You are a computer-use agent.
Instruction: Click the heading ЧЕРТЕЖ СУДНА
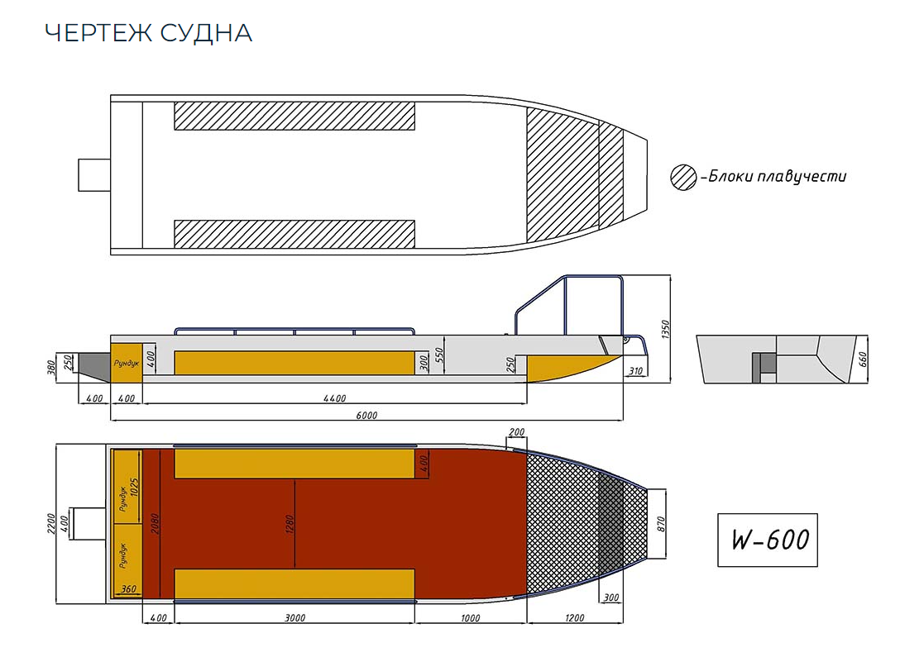148,33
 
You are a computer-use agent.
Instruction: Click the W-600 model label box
767,540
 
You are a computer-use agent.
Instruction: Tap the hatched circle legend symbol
683,177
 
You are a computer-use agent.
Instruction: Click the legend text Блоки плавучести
776,176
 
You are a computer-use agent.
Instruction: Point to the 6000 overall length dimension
366,416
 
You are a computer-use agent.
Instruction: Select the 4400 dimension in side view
334,398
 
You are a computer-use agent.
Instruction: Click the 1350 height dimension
664,329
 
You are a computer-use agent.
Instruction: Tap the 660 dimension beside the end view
863,359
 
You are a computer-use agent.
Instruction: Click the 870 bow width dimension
660,523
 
